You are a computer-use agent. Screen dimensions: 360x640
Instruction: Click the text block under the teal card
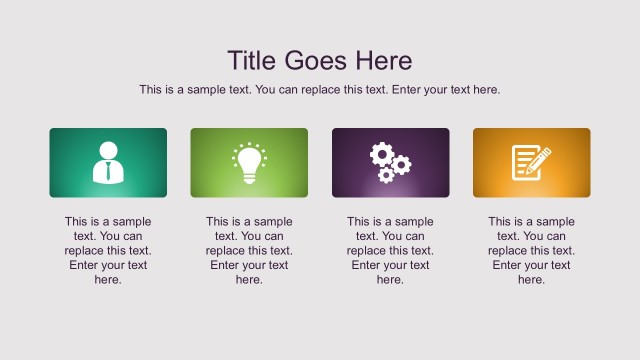coord(108,251)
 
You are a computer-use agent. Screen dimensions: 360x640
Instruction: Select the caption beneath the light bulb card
coord(249,251)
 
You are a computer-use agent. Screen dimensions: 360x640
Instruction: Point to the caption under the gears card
coord(390,251)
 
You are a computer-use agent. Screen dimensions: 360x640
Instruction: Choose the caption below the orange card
coord(531,251)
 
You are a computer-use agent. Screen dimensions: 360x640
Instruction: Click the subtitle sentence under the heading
coord(319,90)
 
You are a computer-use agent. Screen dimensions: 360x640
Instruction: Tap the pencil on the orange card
coord(541,157)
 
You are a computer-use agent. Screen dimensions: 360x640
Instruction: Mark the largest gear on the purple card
coord(382,154)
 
